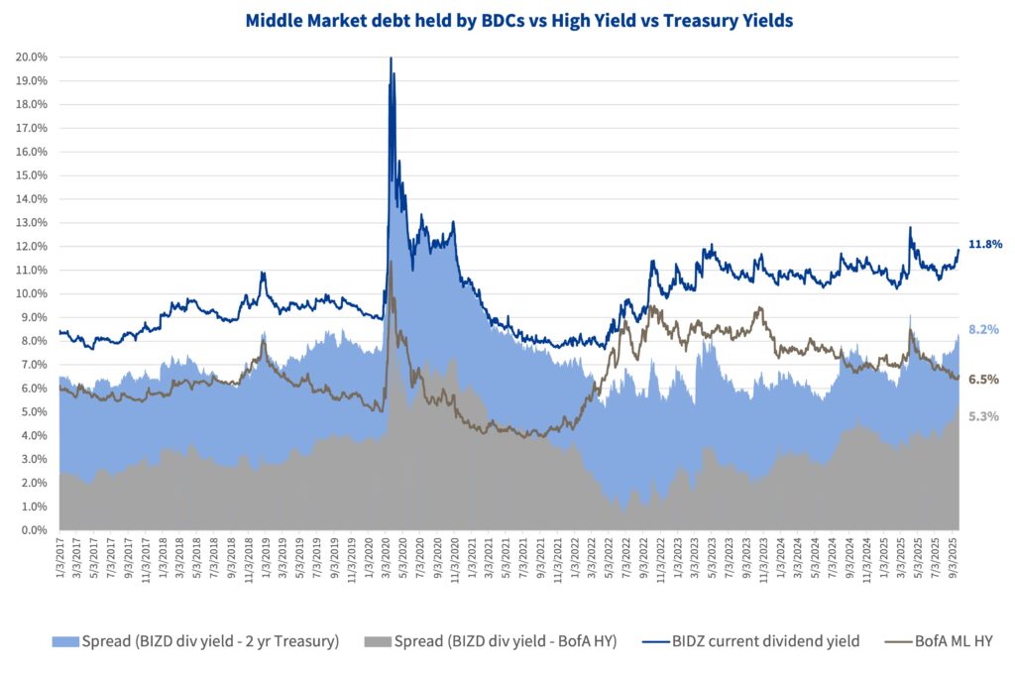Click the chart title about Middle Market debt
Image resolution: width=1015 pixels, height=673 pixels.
click(x=507, y=20)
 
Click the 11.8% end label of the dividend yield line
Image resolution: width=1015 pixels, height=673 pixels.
click(x=985, y=244)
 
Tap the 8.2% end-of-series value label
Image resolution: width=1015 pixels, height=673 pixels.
click(x=983, y=329)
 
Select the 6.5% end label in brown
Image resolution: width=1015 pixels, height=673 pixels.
click(x=983, y=379)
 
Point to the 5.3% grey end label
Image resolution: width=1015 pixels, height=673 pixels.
click(x=983, y=416)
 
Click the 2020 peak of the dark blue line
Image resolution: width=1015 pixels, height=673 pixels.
click(x=391, y=58)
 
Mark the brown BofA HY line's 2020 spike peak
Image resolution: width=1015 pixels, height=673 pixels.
click(x=391, y=262)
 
